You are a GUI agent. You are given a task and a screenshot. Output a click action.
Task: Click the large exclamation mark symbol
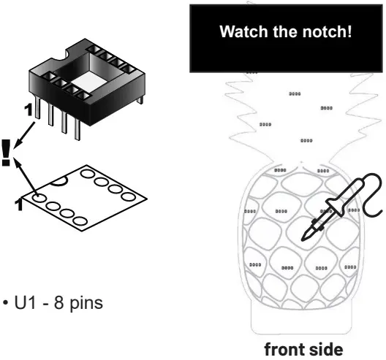pyautogui.click(x=8, y=151)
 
